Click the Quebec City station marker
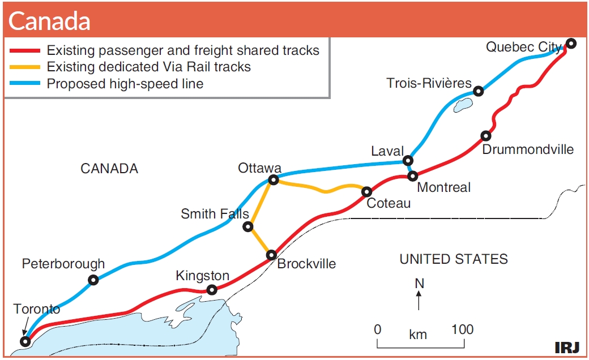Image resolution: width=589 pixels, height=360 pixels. [x=571, y=44]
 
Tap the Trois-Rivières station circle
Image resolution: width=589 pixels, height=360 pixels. [x=478, y=91]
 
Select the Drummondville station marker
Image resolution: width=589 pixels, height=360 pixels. [x=486, y=135]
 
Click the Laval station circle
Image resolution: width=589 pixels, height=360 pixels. [x=408, y=161]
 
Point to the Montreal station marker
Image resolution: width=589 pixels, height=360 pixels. [x=413, y=175]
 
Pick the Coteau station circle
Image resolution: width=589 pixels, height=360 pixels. [x=366, y=192]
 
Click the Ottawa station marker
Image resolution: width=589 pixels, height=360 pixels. [x=274, y=180]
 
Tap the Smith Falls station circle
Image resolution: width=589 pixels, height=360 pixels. [x=248, y=226]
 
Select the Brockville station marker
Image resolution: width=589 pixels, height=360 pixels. [x=272, y=255]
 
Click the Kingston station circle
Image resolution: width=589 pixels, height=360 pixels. [x=212, y=290]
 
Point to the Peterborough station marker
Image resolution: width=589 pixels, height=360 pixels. [x=93, y=280]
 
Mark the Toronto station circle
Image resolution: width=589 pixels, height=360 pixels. [x=25, y=342]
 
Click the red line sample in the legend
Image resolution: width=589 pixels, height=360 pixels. [x=25, y=50]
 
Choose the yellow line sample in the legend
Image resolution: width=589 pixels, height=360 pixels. [x=25, y=67]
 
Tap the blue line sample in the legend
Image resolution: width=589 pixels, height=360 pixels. [x=25, y=83]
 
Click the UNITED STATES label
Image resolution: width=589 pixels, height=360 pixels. [x=454, y=259]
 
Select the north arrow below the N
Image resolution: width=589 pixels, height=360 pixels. [x=419, y=301]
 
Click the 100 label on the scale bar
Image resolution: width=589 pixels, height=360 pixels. [x=462, y=329]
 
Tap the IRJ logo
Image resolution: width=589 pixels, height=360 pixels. [x=567, y=348]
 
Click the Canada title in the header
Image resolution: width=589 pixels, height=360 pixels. [x=49, y=20]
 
